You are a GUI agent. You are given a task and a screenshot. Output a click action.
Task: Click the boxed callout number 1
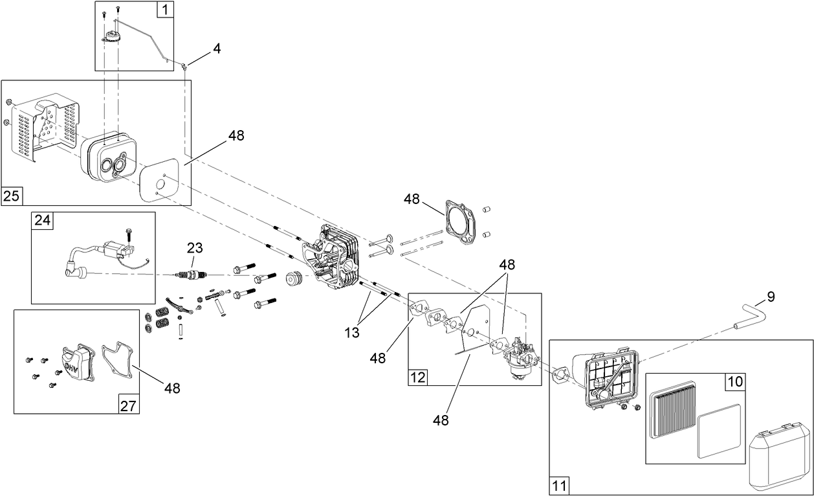pos(166,10)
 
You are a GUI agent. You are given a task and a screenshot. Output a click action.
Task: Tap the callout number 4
pos(217,49)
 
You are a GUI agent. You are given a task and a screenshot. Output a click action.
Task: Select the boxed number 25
pos(11,196)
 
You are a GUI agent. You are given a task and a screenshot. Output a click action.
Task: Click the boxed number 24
pos(42,220)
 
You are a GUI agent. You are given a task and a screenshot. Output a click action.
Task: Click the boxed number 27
pos(128,405)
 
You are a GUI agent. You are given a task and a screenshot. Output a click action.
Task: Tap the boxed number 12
pos(417,377)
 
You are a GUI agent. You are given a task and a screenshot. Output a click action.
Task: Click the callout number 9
pos(770,297)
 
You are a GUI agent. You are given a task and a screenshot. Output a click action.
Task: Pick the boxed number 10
pos(735,382)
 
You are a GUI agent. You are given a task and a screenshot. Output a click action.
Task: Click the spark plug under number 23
pos(192,276)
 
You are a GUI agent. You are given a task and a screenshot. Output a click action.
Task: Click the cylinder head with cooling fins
pos(333,256)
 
